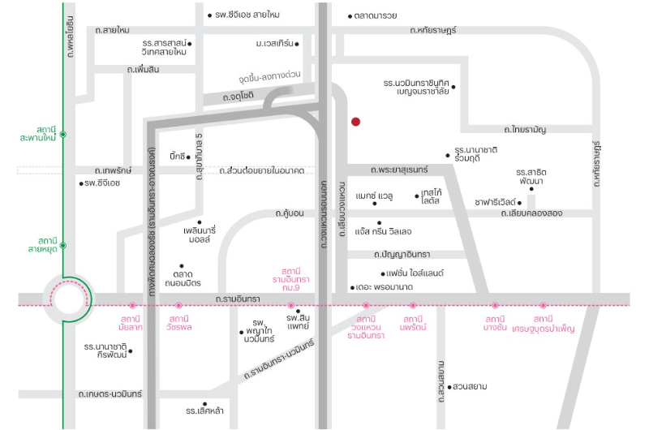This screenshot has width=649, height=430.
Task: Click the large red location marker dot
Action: click(355, 122)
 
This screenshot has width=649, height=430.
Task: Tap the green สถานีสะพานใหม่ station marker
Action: click(63, 135)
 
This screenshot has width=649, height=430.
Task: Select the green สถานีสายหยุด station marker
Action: click(63, 246)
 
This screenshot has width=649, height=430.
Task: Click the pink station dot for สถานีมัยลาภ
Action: click(132, 305)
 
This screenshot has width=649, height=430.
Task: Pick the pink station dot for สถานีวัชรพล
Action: click(178, 305)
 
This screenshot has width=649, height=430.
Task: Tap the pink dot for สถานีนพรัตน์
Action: click(413, 305)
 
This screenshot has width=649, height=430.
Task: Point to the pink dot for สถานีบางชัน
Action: click(495, 305)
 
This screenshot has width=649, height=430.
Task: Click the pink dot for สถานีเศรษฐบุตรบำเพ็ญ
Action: click(543, 305)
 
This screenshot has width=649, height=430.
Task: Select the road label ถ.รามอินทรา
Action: click(238, 299)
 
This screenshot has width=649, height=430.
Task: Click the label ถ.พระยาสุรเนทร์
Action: click(399, 170)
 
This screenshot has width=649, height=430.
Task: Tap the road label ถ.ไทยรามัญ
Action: click(525, 130)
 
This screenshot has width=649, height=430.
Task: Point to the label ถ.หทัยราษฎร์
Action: click(433, 30)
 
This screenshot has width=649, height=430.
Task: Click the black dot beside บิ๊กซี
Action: click(188, 157)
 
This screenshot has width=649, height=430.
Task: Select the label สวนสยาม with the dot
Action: click(468, 386)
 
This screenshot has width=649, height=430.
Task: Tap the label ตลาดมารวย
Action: click(372, 16)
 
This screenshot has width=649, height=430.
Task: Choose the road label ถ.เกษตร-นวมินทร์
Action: click(110, 394)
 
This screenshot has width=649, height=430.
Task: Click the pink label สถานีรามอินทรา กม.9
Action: click(291, 279)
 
